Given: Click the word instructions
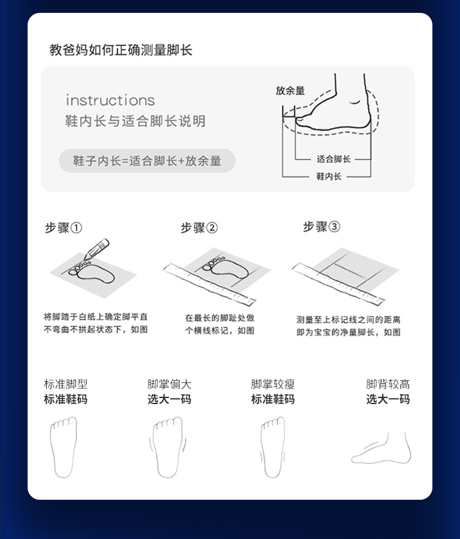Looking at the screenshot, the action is pos(110,100).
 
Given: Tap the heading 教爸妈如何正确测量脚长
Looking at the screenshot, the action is pos(121,50).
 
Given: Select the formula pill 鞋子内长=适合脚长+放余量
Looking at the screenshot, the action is pos(147,161).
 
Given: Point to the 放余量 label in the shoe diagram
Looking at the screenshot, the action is pos(290,91).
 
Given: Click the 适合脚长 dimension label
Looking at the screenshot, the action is pos(333,159).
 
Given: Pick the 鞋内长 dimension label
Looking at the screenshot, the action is pos(329,177).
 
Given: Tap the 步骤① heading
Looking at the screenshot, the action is pos(64,227).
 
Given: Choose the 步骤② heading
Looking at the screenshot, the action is pos(199,227).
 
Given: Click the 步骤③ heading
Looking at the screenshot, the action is pos(321,226).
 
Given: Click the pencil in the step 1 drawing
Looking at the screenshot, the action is pos(97,249).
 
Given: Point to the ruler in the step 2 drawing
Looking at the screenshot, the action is pos(210,284).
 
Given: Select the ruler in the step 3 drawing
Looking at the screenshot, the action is pos(339,284).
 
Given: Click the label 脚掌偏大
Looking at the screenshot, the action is pos(169,384).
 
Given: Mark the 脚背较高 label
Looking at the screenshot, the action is pos(388,384).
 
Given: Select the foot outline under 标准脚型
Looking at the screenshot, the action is pos(64,447).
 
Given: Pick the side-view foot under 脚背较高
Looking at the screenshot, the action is pos(381,448).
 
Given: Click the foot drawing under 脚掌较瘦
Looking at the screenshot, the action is pos(273,447).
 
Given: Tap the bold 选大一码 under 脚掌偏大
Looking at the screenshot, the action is pos(169,399).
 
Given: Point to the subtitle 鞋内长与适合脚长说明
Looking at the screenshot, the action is pos(136,121).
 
